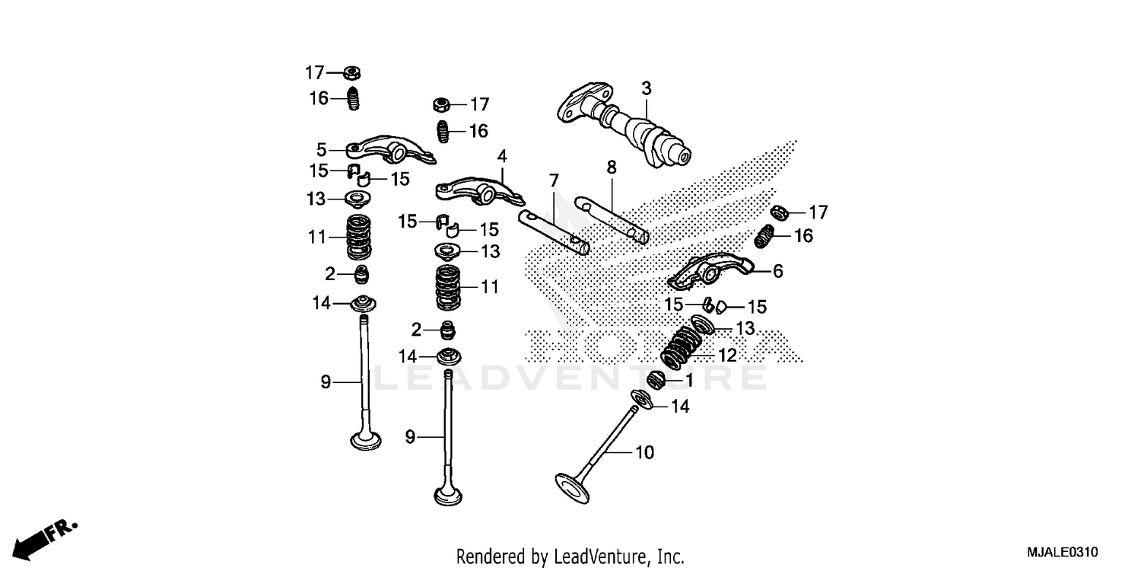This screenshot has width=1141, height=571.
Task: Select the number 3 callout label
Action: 646,88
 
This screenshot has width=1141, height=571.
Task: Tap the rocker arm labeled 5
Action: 388,148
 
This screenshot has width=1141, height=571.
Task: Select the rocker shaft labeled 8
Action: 612,216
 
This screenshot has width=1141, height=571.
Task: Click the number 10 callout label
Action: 644,453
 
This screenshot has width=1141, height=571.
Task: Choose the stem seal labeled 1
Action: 655,378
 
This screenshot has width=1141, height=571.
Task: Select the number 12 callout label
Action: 727,355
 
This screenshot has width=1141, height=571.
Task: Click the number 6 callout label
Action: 777,271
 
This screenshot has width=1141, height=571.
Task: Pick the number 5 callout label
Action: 322,149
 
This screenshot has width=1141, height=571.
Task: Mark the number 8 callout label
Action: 611,166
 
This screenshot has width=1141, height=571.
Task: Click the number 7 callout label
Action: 554,180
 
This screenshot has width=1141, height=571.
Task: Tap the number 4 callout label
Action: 501,156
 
